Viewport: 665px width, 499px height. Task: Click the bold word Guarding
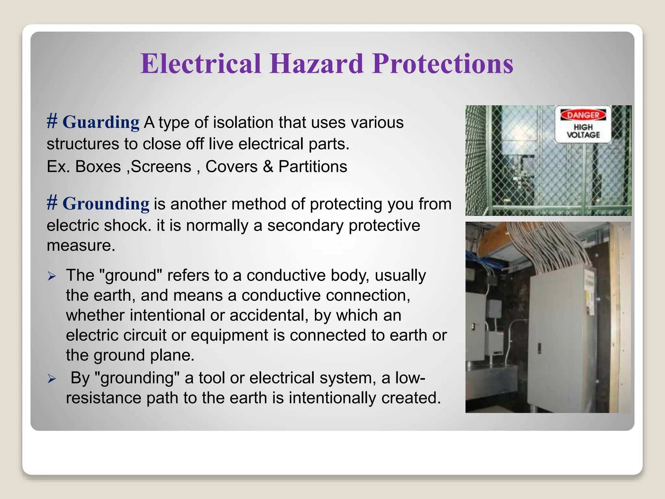(101, 122)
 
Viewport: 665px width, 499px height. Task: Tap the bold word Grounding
(106, 204)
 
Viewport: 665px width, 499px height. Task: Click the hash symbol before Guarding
(52, 122)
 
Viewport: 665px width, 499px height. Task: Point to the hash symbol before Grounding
(52, 203)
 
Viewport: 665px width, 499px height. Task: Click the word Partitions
(313, 167)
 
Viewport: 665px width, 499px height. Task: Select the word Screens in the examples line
(161, 167)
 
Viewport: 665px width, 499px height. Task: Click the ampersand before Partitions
(268, 167)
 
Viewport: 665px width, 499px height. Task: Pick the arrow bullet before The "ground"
(52, 276)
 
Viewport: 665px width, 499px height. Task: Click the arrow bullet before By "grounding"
(52, 379)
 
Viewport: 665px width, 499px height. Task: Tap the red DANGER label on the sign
(583, 115)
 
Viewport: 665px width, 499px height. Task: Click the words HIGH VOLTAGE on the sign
(583, 131)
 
